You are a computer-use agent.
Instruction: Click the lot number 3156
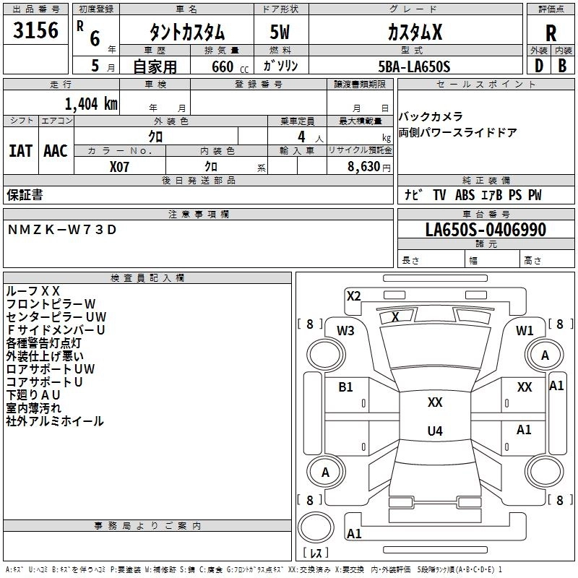[x=35, y=30]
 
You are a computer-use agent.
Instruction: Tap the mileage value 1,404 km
[x=91, y=103]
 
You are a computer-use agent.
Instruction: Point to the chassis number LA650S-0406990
[x=486, y=229]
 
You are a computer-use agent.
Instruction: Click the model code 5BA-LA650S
[x=414, y=66]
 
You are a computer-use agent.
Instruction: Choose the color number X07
[x=119, y=167]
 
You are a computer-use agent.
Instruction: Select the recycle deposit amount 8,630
[x=363, y=166]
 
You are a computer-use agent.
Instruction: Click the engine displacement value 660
[x=223, y=66]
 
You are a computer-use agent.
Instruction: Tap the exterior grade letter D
[x=539, y=66]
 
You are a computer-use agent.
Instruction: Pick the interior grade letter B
[x=562, y=66]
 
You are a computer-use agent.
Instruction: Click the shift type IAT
[x=20, y=151]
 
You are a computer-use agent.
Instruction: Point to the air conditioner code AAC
[x=56, y=151]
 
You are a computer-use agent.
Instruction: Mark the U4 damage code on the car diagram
[x=435, y=431]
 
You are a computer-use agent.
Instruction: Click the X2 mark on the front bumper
[x=353, y=296]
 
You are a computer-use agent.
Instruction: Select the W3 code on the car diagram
[x=345, y=330]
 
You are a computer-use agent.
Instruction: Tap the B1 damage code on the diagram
[x=345, y=387]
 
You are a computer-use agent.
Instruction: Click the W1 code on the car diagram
[x=525, y=330]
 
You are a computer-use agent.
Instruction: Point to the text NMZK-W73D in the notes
[x=62, y=229]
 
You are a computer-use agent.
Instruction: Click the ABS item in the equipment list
[x=465, y=194]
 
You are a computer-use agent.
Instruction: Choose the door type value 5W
[x=280, y=32]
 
